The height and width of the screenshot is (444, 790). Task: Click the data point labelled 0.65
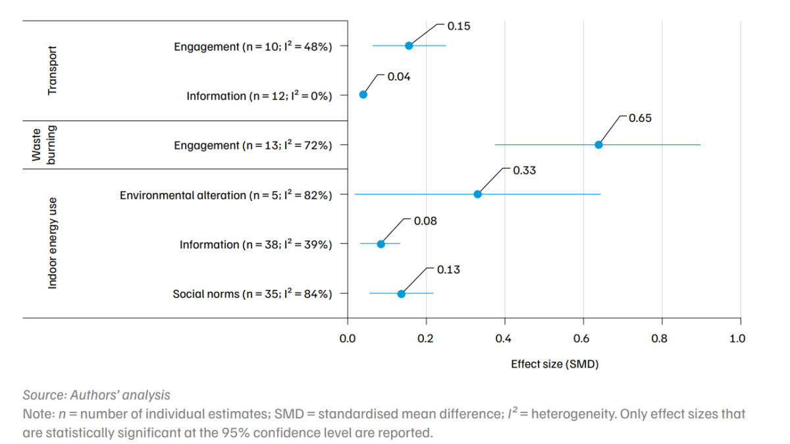point(598,145)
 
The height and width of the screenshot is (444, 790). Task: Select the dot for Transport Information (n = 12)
point(363,95)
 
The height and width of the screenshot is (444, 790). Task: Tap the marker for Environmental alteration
point(477,194)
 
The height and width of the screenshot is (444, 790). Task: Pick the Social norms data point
point(401,294)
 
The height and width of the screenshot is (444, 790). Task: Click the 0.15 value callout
point(459,26)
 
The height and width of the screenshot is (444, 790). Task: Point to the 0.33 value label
point(524,171)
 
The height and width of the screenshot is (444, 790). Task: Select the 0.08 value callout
point(425,221)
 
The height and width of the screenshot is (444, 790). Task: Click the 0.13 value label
point(448,270)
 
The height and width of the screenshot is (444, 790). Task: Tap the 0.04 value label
point(399,77)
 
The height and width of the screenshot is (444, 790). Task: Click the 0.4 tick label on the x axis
point(504,339)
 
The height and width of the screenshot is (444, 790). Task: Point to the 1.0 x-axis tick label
point(737,339)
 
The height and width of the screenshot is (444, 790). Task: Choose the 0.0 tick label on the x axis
point(347,339)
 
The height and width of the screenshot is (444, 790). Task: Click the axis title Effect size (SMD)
point(554,364)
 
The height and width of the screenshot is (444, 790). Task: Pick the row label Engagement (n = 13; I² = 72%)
point(252,146)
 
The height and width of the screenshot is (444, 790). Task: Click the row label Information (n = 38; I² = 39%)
point(255,245)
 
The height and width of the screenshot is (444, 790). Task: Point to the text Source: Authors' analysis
point(96,395)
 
